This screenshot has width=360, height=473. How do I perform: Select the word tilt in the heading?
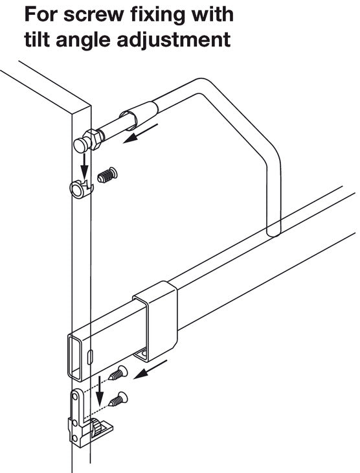38,40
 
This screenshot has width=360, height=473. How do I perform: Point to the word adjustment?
174,40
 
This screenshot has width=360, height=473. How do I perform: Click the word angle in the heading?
84,41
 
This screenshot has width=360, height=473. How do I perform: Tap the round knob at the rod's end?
80,145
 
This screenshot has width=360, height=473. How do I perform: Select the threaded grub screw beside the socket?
107,175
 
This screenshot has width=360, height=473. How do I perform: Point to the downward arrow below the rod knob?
85,167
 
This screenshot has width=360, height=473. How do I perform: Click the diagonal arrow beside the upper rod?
141,133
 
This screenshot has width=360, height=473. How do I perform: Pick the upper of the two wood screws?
118,373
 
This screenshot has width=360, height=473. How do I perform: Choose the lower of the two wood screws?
118,398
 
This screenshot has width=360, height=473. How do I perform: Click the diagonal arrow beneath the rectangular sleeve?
150,369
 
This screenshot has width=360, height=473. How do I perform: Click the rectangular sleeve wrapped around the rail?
155,321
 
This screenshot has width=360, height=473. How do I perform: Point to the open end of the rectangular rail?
74,356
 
